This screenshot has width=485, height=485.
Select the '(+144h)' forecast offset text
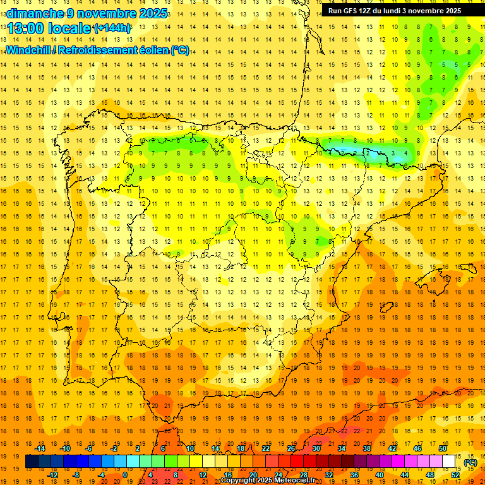(x=112, y=28)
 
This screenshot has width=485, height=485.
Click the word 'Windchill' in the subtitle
(x=28, y=51)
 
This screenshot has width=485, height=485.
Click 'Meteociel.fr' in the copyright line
(x=295, y=481)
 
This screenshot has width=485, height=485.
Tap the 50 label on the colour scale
(x=442, y=448)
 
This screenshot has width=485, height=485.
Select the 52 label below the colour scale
(x=455, y=474)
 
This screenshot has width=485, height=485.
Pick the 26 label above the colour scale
(x=291, y=448)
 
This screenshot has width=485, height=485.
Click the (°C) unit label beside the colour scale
(x=470, y=462)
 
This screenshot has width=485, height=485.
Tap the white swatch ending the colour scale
(x=448, y=462)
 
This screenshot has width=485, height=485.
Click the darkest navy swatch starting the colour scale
(x=32, y=462)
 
